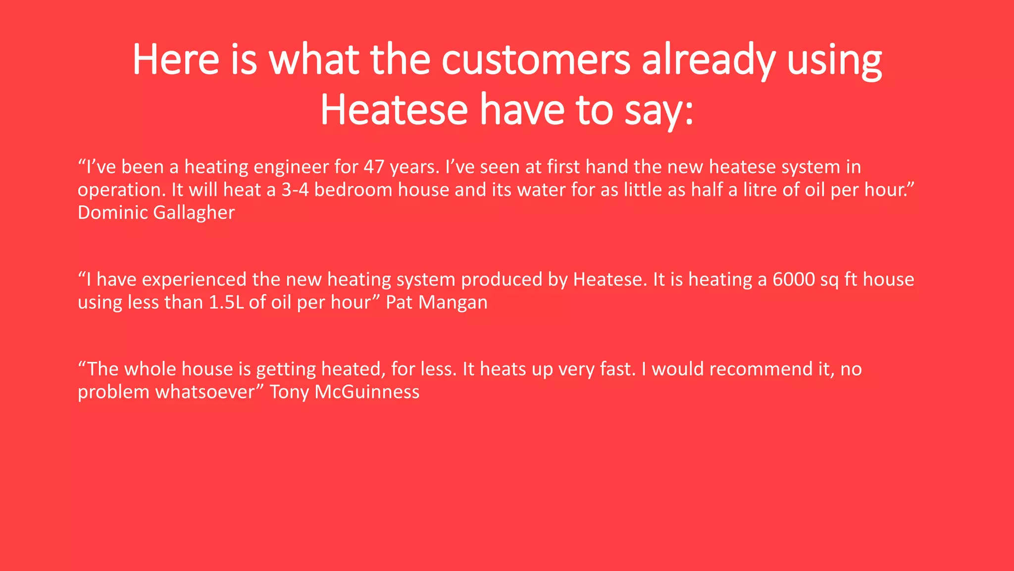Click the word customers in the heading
[x=536, y=60]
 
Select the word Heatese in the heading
[x=394, y=110]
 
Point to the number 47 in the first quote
[x=374, y=167]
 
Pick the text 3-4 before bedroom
[x=295, y=190]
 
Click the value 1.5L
[x=226, y=302]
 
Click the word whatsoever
[x=208, y=392]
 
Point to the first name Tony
[x=289, y=392]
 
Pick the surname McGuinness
[x=367, y=392]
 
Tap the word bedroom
[x=353, y=190]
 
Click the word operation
[x=121, y=190]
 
